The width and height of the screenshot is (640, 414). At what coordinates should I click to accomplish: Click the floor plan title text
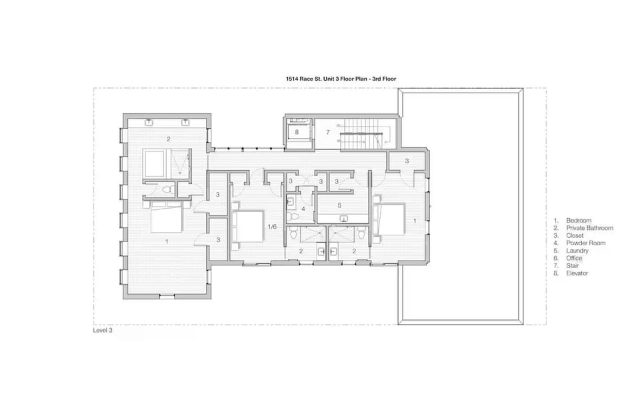pyautogui.click(x=341, y=79)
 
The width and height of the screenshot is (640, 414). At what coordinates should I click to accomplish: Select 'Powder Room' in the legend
pyautogui.click(x=585, y=243)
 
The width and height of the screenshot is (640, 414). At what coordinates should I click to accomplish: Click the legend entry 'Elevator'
pyautogui.click(x=577, y=273)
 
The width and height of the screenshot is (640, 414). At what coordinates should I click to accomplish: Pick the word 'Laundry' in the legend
pyautogui.click(x=577, y=251)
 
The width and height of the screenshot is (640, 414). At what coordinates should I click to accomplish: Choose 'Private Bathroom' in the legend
pyautogui.click(x=589, y=228)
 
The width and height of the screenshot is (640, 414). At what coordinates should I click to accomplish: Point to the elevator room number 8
pyautogui.click(x=297, y=132)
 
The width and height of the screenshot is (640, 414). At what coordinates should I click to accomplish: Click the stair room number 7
pyautogui.click(x=328, y=133)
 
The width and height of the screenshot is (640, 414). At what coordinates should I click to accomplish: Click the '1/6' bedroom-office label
pyautogui.click(x=272, y=227)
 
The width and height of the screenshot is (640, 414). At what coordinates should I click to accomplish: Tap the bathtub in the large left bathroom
pyautogui.click(x=156, y=162)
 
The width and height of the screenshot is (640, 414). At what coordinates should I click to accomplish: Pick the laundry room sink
pyautogui.click(x=344, y=219)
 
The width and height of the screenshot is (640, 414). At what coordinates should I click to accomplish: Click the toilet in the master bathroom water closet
pyautogui.click(x=167, y=190)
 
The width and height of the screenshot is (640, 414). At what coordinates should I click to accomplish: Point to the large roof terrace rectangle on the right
pyautogui.click(x=460, y=207)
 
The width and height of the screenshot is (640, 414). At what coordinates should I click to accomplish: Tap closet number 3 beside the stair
pyautogui.click(x=407, y=161)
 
